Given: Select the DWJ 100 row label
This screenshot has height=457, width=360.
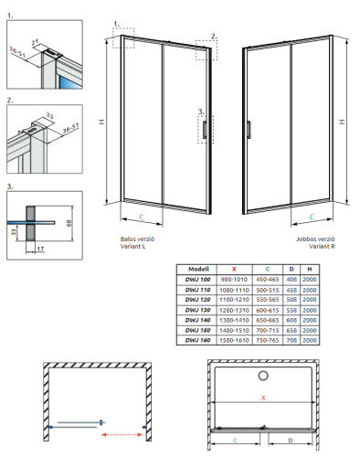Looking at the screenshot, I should point(197,280).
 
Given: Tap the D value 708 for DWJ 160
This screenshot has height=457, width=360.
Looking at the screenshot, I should point(291,340).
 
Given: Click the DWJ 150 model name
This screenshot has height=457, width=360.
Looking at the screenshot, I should point(197,330).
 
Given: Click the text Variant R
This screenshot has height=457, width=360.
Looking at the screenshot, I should point(321,246).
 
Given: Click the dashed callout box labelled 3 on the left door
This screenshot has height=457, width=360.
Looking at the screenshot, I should point(201,129).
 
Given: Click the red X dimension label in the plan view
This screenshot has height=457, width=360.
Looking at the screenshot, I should point(264,399).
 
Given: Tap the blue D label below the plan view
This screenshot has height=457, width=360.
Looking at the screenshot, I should point(290,441).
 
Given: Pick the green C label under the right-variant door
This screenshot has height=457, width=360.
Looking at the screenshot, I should point(312,217).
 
